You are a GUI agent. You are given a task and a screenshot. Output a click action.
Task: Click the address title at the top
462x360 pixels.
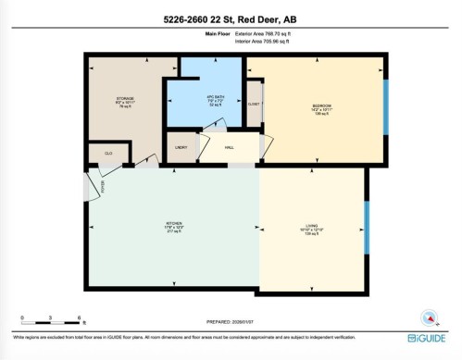pyautogui.click(x=231, y=17)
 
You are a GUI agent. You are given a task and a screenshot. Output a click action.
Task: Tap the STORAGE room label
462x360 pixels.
pyautogui.click(x=125, y=98)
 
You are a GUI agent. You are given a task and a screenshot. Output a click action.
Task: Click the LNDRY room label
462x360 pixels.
pyautogui.click(x=181, y=147)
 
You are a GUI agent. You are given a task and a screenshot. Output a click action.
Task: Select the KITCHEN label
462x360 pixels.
pyautogui.click(x=172, y=223)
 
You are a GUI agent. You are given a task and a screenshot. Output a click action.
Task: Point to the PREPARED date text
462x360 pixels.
pyautogui.click(x=231, y=321)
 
